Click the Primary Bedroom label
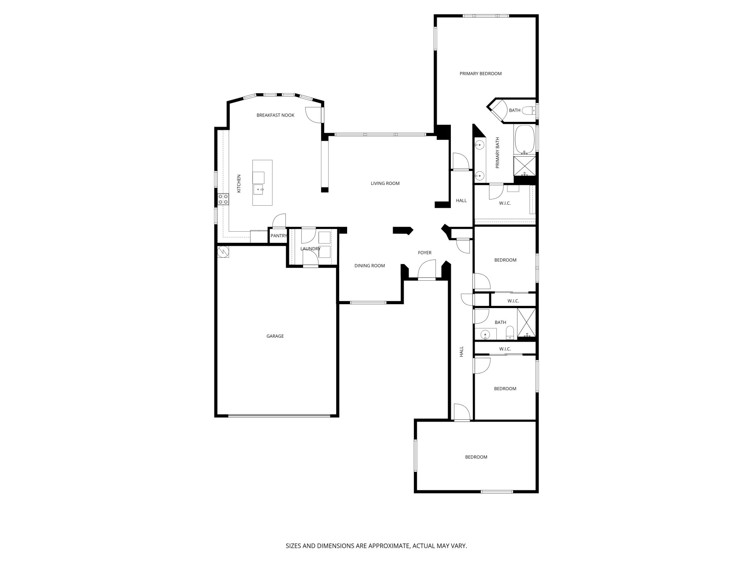click(480, 74)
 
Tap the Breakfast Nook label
click(275, 115)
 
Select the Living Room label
click(385, 183)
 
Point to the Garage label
click(275, 336)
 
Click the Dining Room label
click(370, 266)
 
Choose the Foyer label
click(425, 253)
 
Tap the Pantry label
click(279, 236)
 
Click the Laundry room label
click(311, 249)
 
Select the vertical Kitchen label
click(239, 184)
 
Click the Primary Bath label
click(498, 153)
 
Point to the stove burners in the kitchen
click(223, 199)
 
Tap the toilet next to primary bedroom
click(529, 110)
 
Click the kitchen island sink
click(258, 189)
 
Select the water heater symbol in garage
click(223, 252)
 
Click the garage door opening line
click(279, 415)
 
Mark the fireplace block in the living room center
click(403, 230)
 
